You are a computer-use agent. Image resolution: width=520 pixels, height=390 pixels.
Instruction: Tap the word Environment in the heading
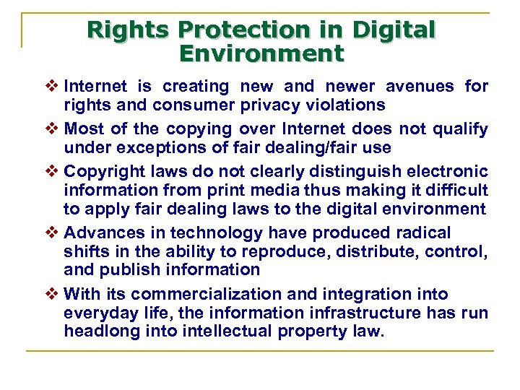(261, 53)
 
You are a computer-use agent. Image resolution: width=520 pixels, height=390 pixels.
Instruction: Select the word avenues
(420, 87)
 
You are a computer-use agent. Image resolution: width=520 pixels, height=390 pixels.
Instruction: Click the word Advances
(97, 233)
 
